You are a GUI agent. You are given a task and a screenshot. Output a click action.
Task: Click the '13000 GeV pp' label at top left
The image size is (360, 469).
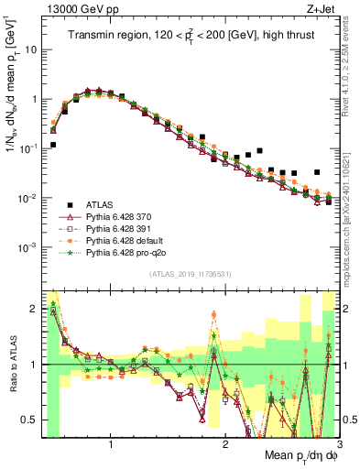[75, 10]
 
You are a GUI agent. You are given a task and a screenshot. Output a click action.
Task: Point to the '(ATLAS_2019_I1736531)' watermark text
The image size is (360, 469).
[190, 274]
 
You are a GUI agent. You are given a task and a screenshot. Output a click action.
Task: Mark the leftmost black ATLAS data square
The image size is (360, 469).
[53, 145]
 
